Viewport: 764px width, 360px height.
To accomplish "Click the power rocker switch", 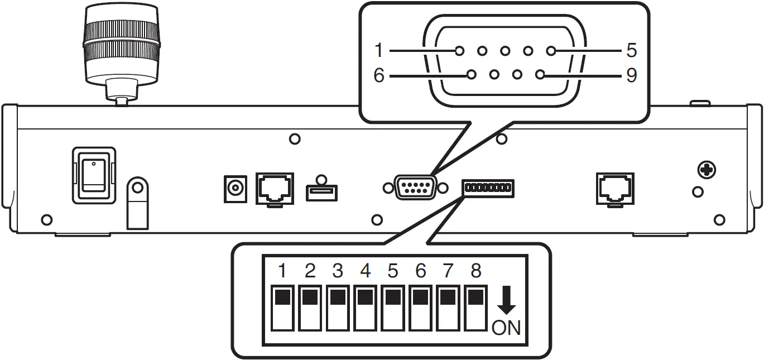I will coord(94,175).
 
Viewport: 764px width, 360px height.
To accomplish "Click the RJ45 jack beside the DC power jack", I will coord(274,188).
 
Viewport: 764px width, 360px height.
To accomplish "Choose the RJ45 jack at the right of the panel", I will coord(616,188).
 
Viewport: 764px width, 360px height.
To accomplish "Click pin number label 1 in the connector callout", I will coord(379,51).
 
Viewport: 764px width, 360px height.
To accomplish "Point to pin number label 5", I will coord(631,51).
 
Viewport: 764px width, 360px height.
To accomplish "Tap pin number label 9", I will coord(631,75).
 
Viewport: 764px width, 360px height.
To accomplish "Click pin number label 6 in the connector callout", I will coord(379,75).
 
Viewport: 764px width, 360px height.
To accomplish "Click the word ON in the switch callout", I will coord(506,328).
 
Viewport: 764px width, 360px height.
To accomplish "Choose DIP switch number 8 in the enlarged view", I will coord(475,309).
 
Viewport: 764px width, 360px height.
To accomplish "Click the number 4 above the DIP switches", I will coord(365,271).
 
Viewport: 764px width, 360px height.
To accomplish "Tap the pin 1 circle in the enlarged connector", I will coord(459,51).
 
